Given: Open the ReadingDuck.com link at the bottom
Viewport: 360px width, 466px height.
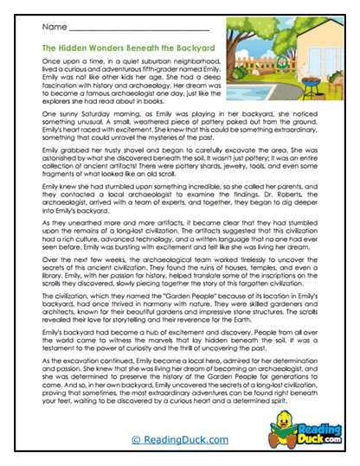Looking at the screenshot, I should coord(179,440).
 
